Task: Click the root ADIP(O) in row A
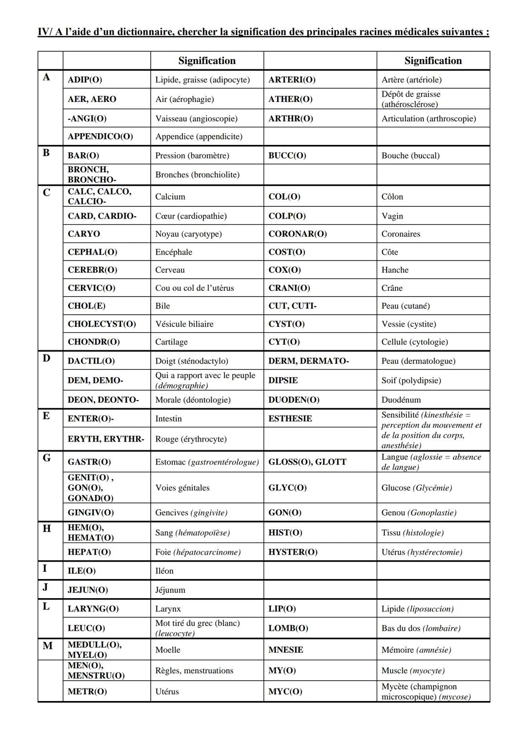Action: pos(85,80)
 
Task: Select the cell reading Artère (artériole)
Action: pos(411,80)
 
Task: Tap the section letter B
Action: pos(46,153)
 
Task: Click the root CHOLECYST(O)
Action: pos(101,324)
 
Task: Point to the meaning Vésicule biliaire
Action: pos(184,324)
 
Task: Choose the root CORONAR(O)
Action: pos(297,234)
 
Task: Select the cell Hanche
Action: pos(395,270)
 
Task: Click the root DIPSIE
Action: pos(283,380)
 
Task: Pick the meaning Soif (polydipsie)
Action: pos(411,380)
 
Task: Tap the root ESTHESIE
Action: pos(290,419)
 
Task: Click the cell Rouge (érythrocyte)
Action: pos(191,439)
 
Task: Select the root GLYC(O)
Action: pos(287,488)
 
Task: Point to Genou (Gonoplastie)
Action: pos(419,513)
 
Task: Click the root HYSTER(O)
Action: pos(293,552)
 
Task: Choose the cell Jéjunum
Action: pos(170,590)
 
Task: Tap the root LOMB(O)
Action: pos(288,628)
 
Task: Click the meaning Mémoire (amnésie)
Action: pos(416,650)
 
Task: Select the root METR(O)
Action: pos(87,691)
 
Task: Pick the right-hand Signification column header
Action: pos(433,61)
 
